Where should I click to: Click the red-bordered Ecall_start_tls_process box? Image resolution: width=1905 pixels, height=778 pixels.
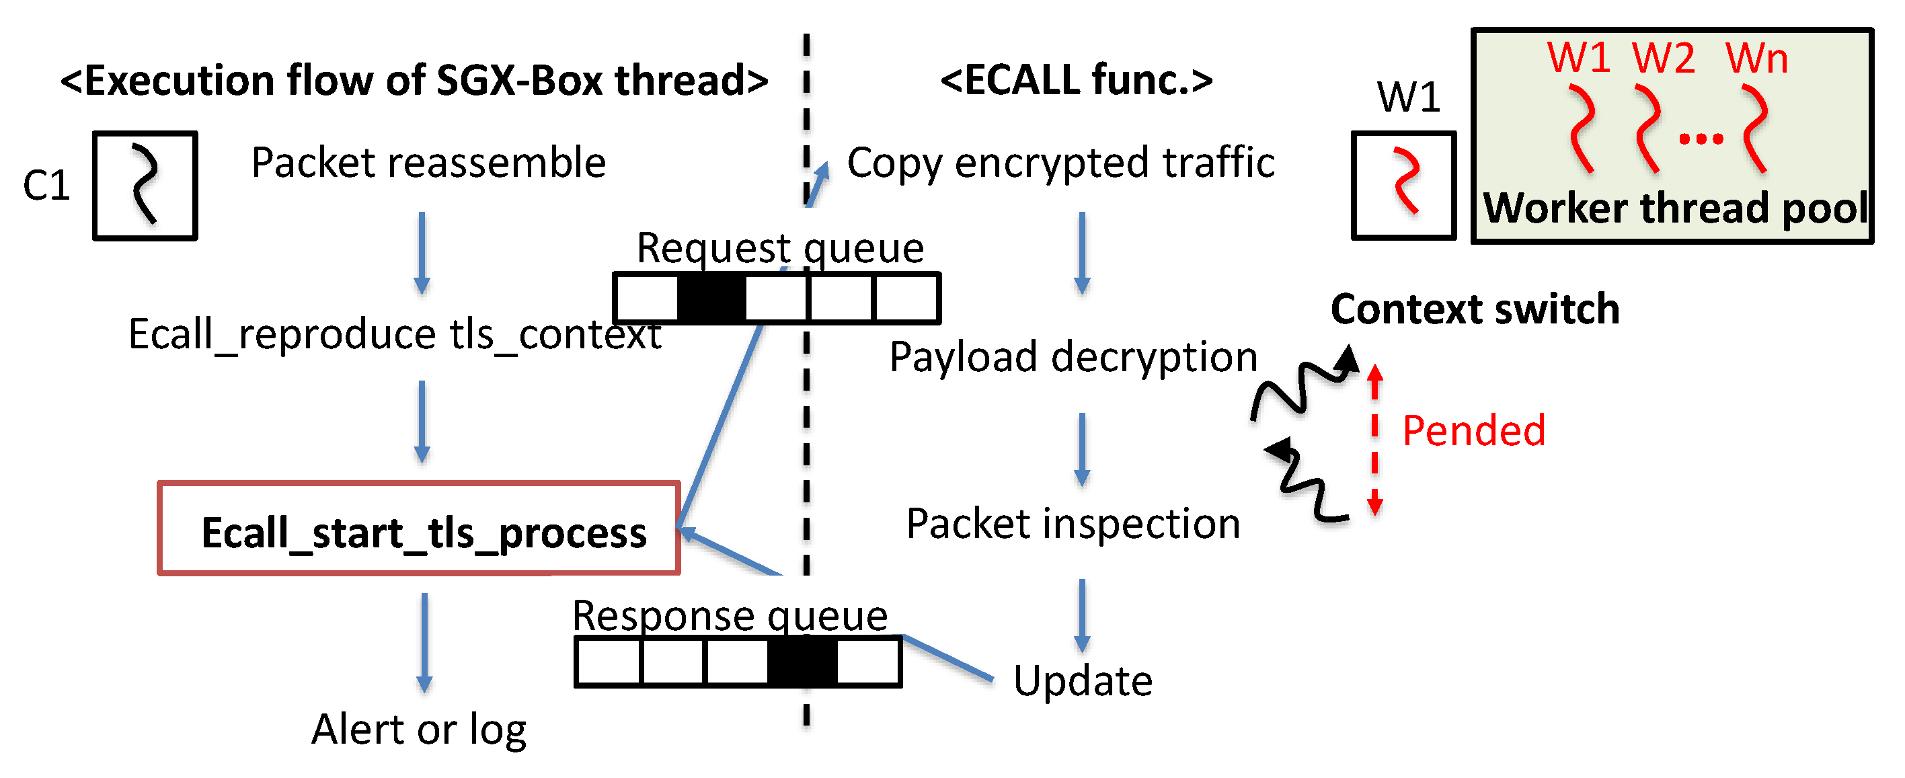418,528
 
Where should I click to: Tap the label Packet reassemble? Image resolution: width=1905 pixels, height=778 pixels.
429,163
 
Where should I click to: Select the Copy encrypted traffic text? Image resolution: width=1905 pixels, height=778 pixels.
1061,163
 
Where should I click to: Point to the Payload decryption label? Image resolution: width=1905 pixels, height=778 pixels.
1074,358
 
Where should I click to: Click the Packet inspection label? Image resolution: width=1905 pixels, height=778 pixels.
1073,524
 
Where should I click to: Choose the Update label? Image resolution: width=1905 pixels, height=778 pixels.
1083,680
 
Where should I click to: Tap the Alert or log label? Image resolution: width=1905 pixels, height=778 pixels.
418,730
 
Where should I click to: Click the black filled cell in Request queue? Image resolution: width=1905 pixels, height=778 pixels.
711,298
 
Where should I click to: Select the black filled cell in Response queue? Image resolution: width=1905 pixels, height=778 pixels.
802,661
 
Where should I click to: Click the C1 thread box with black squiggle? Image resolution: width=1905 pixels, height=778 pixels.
145,186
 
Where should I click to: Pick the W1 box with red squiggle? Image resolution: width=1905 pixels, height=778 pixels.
1403,186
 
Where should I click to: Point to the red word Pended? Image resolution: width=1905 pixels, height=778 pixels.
1474,430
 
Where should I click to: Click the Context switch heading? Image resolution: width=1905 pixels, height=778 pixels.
1475,309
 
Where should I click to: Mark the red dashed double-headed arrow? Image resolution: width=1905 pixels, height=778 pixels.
1374,439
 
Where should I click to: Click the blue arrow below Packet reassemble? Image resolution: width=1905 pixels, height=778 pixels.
422,253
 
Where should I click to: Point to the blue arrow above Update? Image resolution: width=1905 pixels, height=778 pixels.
1082,615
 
